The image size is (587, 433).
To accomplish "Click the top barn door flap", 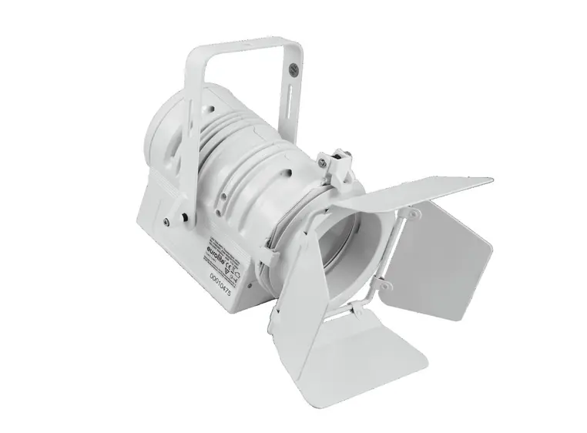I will [416, 193].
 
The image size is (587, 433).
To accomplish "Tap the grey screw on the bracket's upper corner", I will [293, 72].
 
